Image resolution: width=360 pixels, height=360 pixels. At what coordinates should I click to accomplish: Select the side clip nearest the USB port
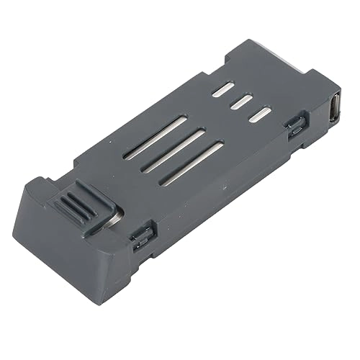(x=294, y=127)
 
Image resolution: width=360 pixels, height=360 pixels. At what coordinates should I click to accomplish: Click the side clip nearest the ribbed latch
(x=142, y=235)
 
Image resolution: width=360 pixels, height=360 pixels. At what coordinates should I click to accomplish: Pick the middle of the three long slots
(x=173, y=150)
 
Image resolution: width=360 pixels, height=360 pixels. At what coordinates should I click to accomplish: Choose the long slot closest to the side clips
(x=192, y=165)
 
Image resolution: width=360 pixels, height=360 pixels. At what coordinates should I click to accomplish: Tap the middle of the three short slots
(x=240, y=102)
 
